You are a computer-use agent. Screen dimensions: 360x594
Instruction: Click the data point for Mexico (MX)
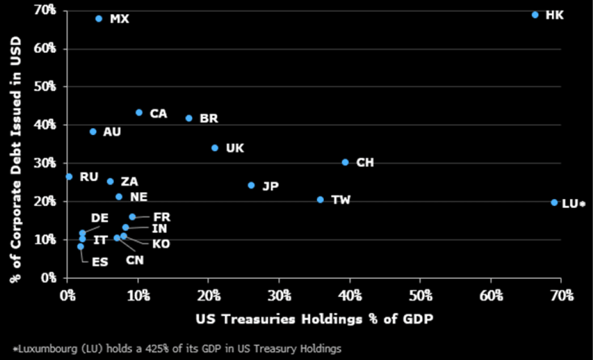(99, 19)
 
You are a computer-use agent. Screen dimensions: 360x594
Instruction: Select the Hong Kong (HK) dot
(535, 15)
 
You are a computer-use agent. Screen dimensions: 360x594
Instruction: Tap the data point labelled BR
(189, 118)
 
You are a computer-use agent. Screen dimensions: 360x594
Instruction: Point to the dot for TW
(321, 200)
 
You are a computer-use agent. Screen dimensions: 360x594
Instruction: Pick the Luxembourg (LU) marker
(554, 202)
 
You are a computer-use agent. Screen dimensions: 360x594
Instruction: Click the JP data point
(251, 185)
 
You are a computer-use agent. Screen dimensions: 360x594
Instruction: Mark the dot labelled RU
(69, 177)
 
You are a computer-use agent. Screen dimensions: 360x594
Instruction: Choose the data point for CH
(346, 162)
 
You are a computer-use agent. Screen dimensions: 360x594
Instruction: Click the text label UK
(235, 148)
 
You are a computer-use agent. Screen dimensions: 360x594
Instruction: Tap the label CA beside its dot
(158, 114)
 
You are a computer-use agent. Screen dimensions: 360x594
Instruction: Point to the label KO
(161, 244)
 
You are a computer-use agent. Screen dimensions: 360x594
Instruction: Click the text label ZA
(129, 182)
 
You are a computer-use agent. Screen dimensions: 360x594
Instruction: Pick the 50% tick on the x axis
(420, 295)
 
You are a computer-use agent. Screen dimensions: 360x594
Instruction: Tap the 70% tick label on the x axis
(562, 295)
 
